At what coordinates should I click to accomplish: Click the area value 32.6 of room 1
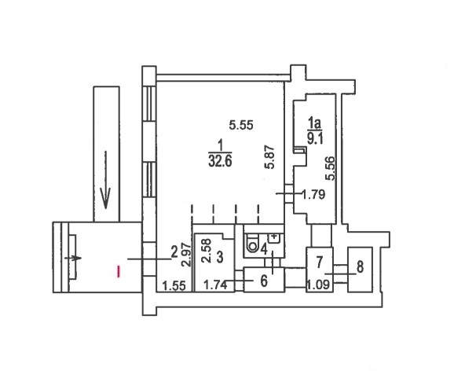click(x=221, y=161)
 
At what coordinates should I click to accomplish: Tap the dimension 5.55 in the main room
click(x=241, y=125)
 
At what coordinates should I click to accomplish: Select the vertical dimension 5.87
click(x=269, y=157)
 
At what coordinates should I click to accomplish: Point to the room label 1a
click(x=315, y=123)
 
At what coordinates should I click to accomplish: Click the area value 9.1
click(x=315, y=138)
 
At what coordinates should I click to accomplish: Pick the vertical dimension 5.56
click(x=330, y=168)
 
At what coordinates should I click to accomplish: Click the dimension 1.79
click(x=313, y=195)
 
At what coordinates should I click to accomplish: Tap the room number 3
click(x=219, y=257)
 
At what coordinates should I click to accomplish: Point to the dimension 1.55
click(x=174, y=286)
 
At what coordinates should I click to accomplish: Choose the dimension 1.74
click(x=215, y=285)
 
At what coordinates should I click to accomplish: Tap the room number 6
click(x=264, y=281)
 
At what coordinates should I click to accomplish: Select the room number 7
click(x=319, y=262)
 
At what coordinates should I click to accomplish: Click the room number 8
click(x=360, y=266)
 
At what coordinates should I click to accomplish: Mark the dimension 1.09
click(x=318, y=284)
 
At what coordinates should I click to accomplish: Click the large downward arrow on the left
click(x=105, y=180)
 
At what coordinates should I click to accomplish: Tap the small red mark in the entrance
click(x=119, y=271)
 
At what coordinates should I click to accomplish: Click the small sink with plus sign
click(x=273, y=237)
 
